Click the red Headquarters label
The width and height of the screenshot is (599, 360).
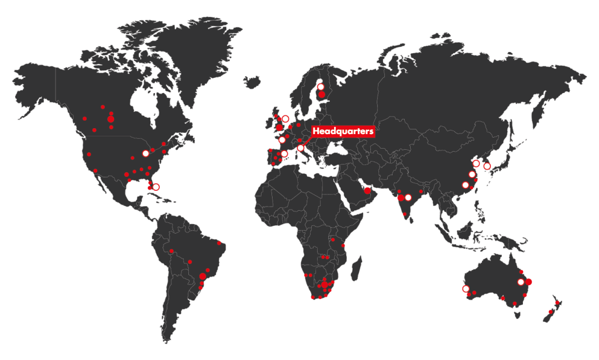tap(343, 132)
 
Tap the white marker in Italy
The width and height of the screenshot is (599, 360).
tap(301, 148)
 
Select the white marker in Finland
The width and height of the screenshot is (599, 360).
tap(321, 87)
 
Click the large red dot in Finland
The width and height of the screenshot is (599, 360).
tap(321, 94)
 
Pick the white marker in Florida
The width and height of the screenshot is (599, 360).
tap(156, 187)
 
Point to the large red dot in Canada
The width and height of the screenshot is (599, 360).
tap(111, 119)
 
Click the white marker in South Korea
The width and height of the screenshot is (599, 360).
tap(487, 166)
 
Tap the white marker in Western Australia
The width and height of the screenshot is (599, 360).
tap(466, 289)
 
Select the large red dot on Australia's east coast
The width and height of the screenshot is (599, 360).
tap(529, 282)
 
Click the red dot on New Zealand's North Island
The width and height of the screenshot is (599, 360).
tap(557, 303)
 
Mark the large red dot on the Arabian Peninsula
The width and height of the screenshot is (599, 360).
tap(367, 190)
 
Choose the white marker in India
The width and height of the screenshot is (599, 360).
tap(408, 197)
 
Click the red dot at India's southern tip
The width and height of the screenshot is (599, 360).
tap(405, 214)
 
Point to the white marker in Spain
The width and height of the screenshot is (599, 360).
tap(284, 155)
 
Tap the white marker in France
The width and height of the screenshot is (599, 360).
tap(282, 140)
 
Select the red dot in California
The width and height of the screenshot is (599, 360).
tap(89, 155)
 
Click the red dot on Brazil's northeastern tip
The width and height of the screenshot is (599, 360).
tap(219, 242)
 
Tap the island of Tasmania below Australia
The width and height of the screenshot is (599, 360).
tap(517, 314)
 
